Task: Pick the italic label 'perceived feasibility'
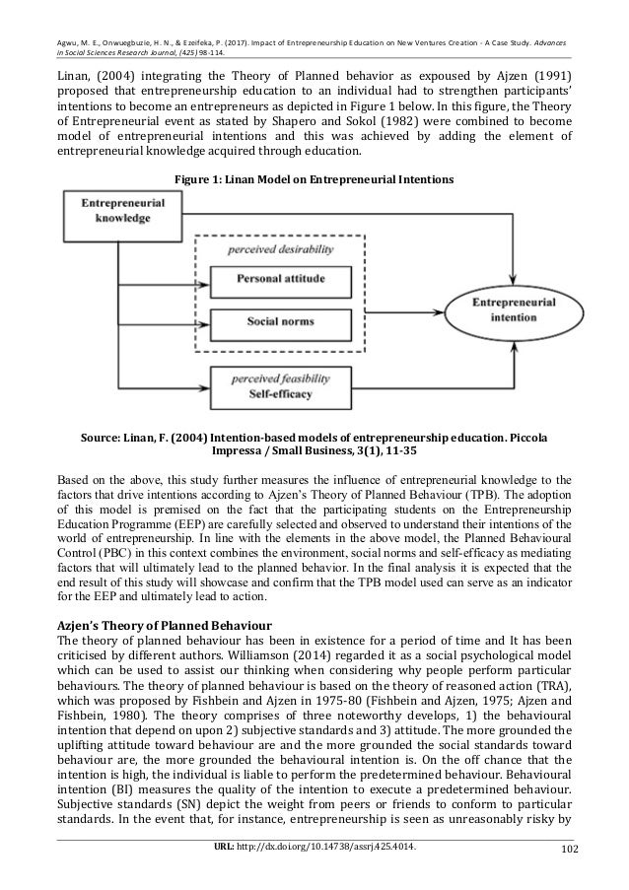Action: [x=279, y=377]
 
